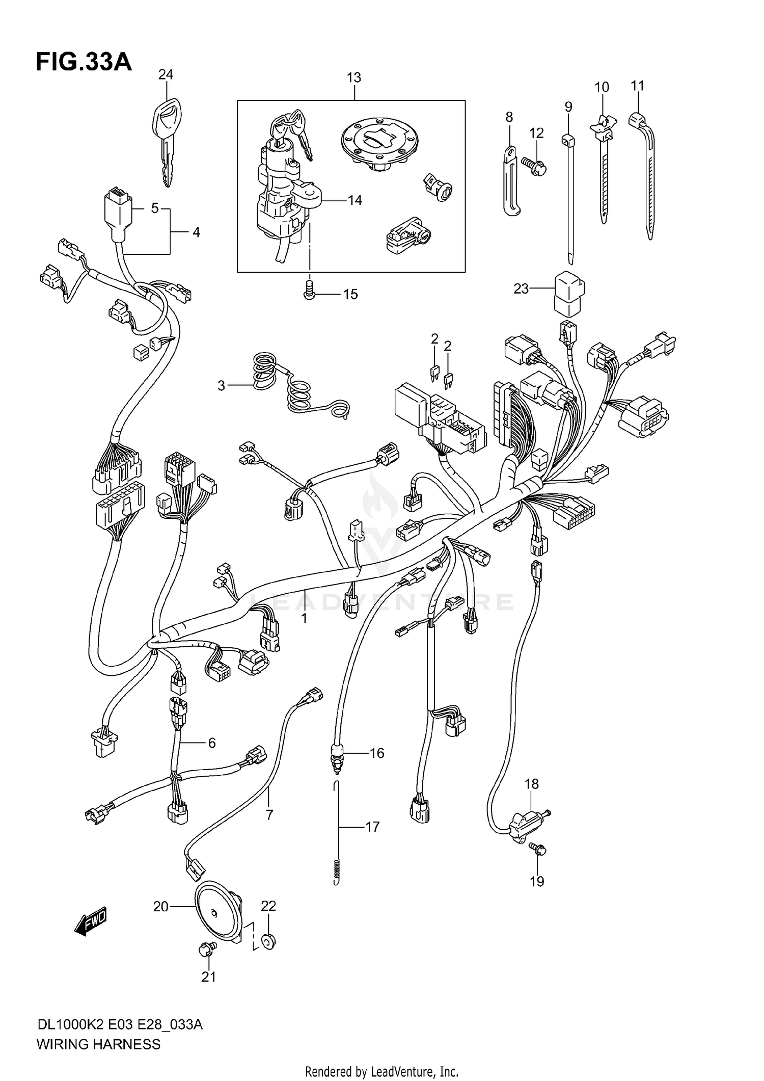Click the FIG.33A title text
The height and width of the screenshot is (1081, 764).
84,62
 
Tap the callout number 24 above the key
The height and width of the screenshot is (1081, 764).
166,75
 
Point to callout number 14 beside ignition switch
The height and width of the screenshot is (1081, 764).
355,200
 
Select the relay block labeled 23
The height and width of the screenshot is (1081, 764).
569,294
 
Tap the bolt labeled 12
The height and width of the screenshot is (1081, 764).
534,166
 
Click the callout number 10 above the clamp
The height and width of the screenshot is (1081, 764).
602,87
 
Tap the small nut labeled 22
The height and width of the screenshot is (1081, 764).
268,941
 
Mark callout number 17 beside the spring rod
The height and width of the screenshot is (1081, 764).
372,827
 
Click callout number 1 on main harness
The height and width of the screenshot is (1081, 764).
304,618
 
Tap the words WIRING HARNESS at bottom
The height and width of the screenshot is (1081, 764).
98,1044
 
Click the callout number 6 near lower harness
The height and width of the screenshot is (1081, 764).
211,743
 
